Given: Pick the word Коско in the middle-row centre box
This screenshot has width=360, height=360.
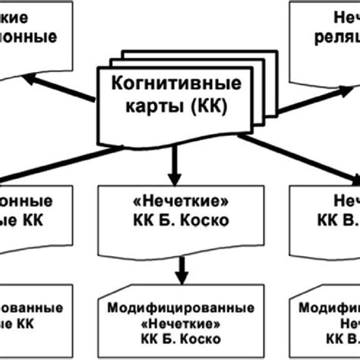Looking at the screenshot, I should click(x=209, y=221).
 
